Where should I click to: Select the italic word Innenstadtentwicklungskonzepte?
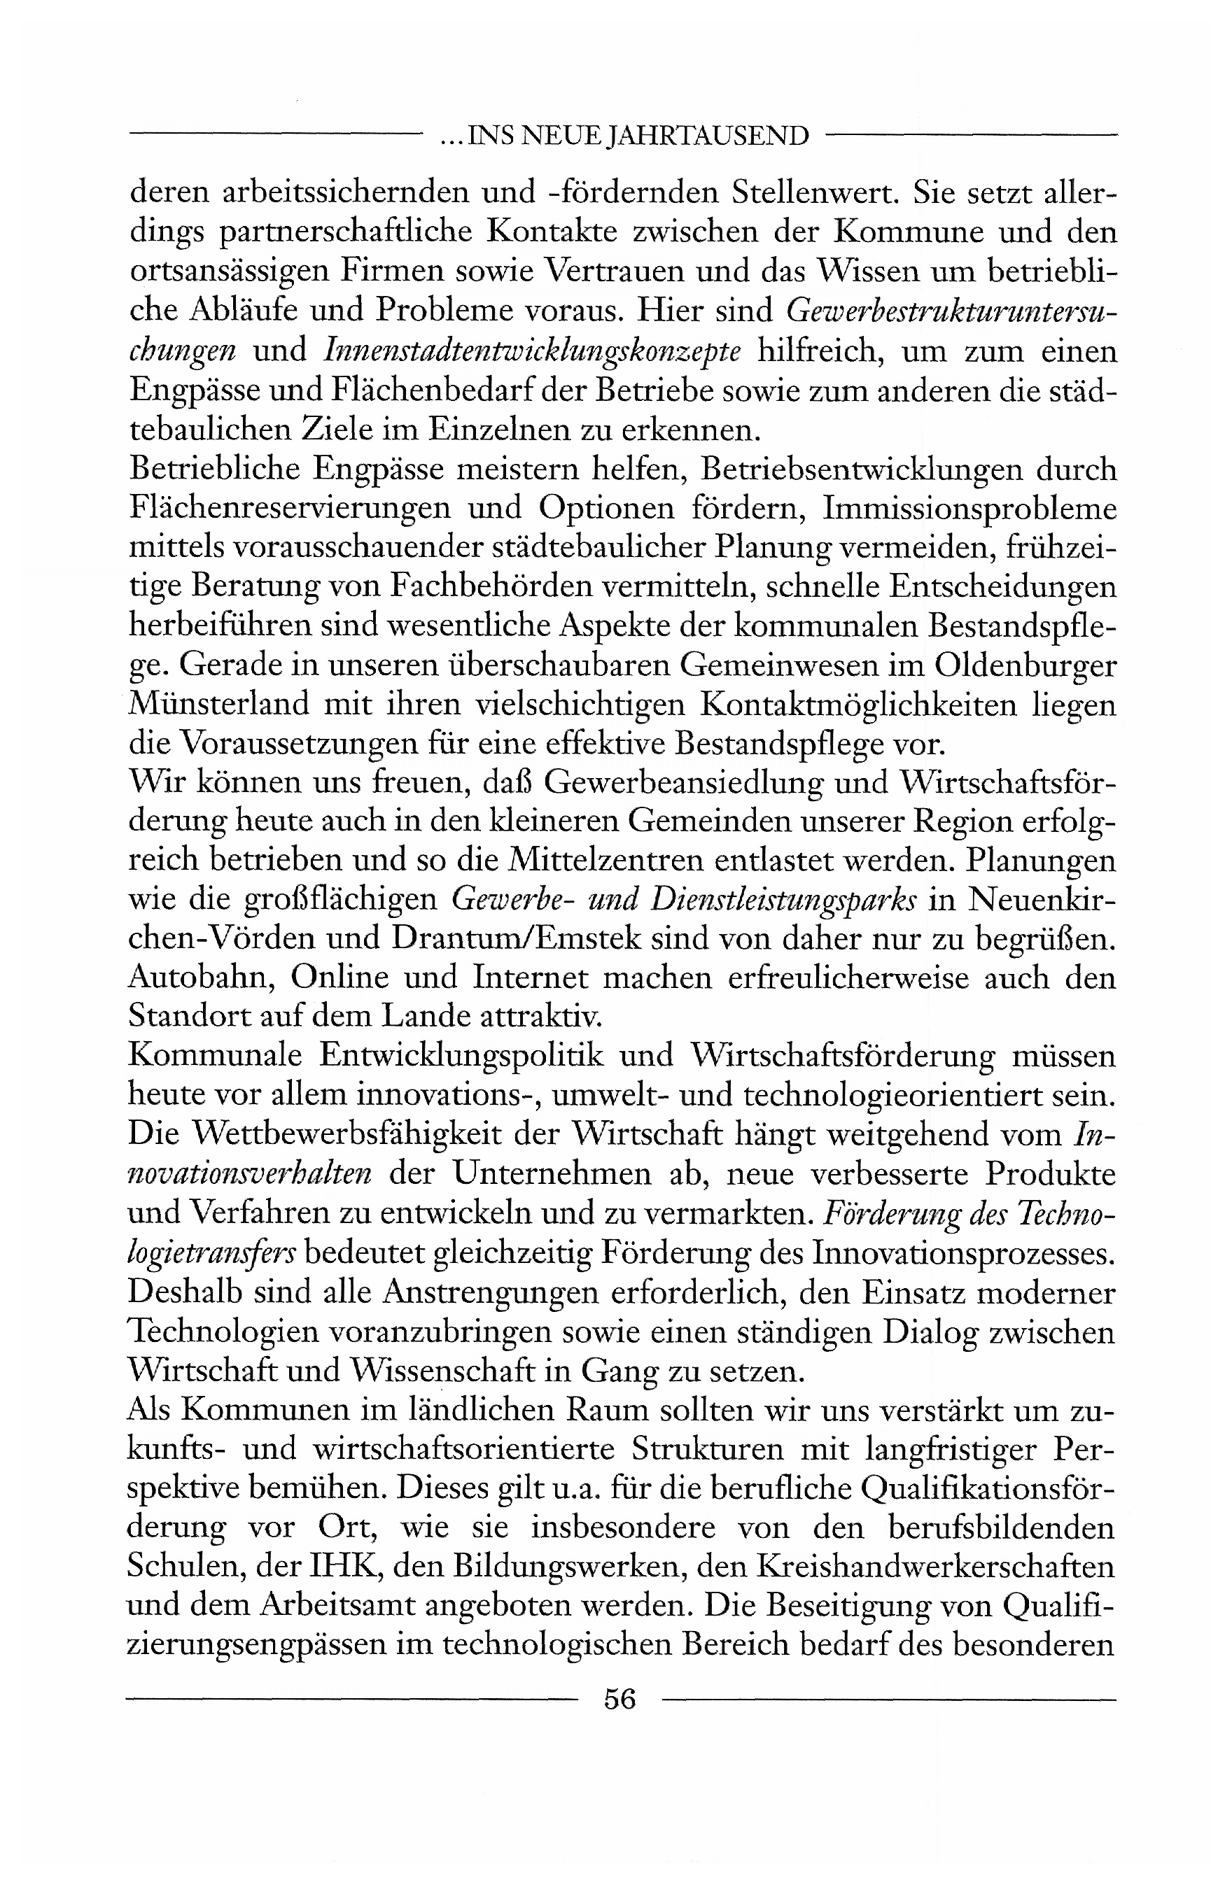click(x=533, y=351)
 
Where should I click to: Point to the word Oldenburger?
click(x=1025, y=665)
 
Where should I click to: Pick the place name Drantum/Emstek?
click(x=517, y=938)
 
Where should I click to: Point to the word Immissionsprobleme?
click(x=969, y=509)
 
